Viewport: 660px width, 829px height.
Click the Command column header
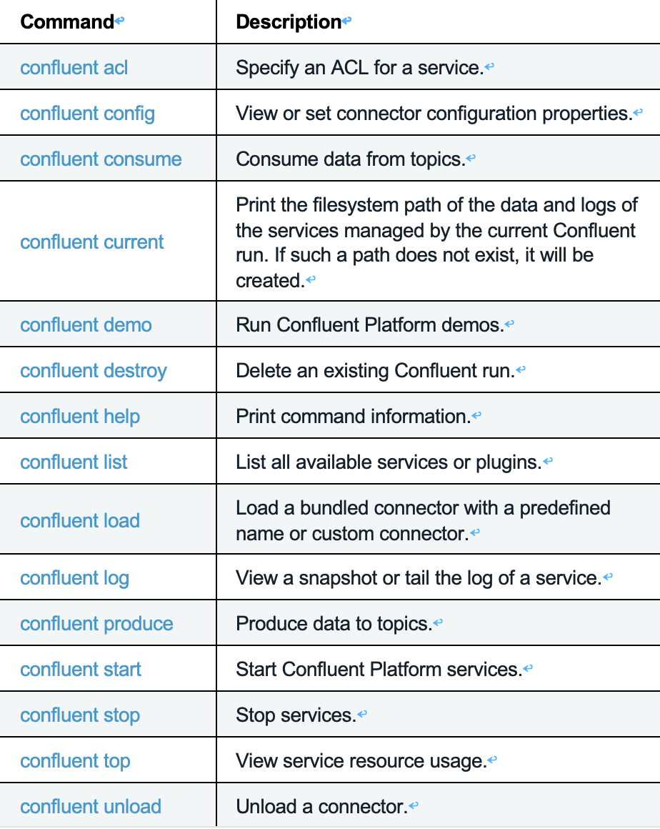(x=67, y=22)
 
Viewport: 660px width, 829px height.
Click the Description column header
(x=289, y=22)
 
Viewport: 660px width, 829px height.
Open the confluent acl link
(x=74, y=68)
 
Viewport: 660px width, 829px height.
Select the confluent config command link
(x=87, y=114)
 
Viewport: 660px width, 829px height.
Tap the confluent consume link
(x=101, y=159)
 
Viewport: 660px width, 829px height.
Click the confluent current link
(x=92, y=242)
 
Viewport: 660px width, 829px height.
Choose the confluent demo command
(x=86, y=325)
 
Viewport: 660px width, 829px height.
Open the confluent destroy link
(x=94, y=371)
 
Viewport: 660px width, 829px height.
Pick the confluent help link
(x=80, y=417)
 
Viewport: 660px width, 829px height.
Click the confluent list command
(x=74, y=462)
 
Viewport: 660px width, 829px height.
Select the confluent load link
(x=80, y=521)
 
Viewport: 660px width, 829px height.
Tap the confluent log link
(x=74, y=578)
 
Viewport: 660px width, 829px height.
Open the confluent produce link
(x=96, y=624)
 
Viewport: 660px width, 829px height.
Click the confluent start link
(x=81, y=670)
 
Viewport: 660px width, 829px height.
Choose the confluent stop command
(x=80, y=715)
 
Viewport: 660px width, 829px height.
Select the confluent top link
(x=75, y=761)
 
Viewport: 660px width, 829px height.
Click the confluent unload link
(x=91, y=807)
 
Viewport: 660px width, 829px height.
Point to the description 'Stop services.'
(x=296, y=715)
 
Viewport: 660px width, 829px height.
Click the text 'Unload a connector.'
(x=321, y=807)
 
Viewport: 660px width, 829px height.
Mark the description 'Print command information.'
(x=353, y=417)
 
